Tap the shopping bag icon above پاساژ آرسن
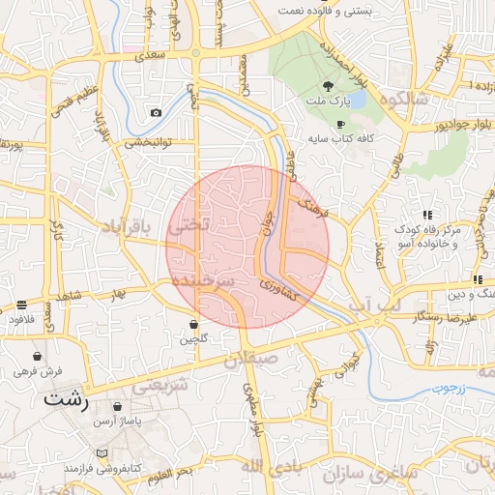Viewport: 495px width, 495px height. pos(118,407)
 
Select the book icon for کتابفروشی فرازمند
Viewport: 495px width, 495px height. pos(102,452)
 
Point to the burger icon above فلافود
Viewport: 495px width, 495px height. pos(21,305)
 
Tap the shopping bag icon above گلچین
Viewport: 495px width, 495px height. pos(193,325)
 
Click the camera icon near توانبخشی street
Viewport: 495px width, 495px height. pos(157,112)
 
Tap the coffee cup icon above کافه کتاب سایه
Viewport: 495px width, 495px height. pos(339,125)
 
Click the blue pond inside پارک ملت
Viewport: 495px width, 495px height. pos(356,100)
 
